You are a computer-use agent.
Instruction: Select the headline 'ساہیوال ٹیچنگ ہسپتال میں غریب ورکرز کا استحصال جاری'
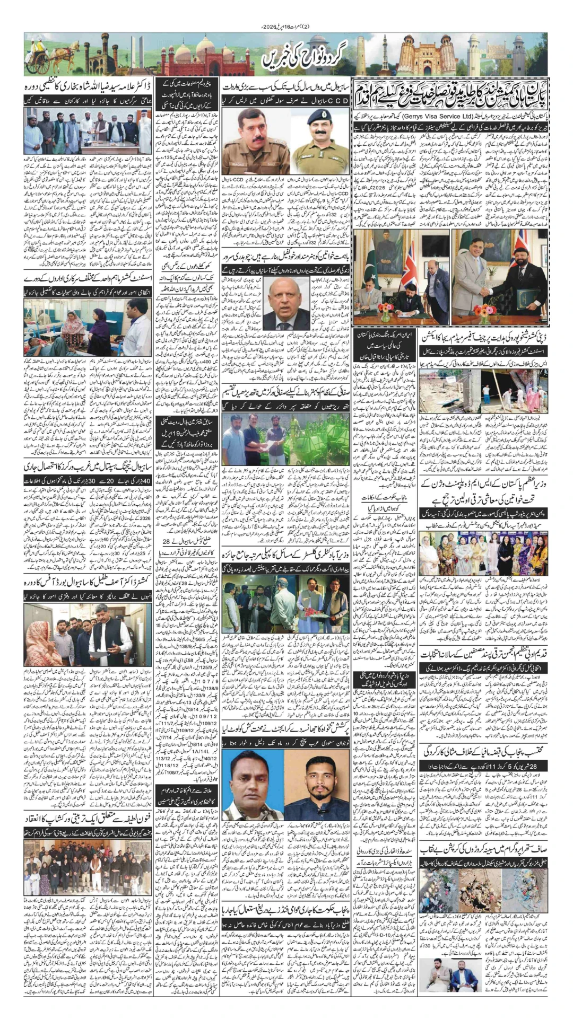pyautogui.click(x=88, y=467)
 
